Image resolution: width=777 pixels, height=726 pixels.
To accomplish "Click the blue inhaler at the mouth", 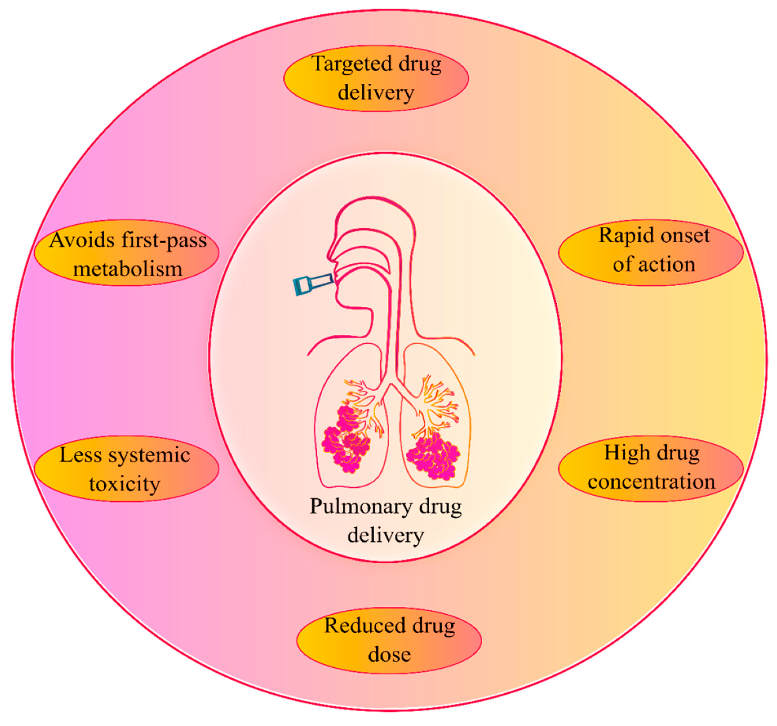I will (313, 284).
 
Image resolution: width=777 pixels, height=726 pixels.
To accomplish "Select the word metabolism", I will (128, 269).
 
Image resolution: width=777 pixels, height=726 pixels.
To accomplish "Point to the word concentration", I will (651, 482).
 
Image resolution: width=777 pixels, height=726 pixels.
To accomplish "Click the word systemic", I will (149, 455).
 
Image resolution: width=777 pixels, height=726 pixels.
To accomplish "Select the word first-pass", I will (164, 240).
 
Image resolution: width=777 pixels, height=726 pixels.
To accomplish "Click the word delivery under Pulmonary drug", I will (386, 535).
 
